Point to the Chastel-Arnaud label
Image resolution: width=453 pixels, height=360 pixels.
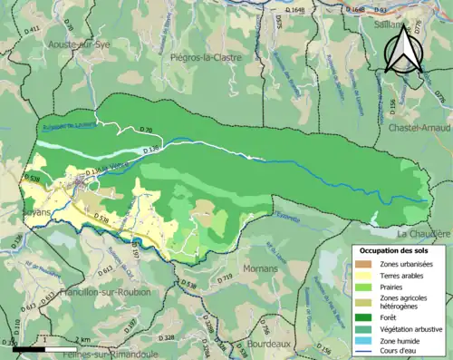[420, 128]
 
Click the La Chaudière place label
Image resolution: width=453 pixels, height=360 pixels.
[423, 233]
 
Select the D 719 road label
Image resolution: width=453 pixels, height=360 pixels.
[226, 275]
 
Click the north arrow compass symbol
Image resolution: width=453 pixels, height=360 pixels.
[400, 50]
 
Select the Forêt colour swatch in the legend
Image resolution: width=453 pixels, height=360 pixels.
[367, 317]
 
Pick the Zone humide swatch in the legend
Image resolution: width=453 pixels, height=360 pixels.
[367, 340]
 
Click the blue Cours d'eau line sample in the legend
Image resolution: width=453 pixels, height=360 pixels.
[367, 351]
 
